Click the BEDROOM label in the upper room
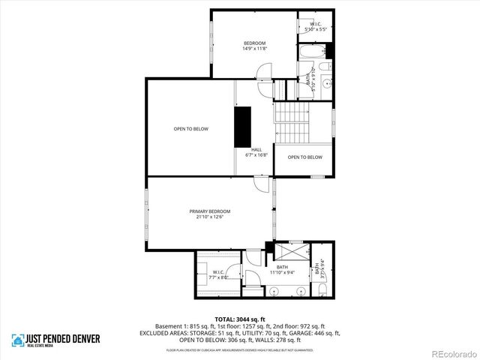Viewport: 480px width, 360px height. pos(254,43)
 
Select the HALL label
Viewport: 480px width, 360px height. pos(256,149)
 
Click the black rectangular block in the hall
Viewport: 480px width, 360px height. pos(242,127)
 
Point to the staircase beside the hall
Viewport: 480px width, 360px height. pos(292,122)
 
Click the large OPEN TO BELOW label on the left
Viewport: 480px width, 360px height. pos(190,129)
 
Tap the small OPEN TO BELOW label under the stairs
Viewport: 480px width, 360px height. pos(304,157)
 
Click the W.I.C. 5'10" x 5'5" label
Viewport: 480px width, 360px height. pos(315,27)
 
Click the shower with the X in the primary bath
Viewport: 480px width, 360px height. pos(288,251)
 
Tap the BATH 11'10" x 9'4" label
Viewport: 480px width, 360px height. pos(282,269)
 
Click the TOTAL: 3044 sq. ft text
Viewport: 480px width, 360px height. pos(239,319)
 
